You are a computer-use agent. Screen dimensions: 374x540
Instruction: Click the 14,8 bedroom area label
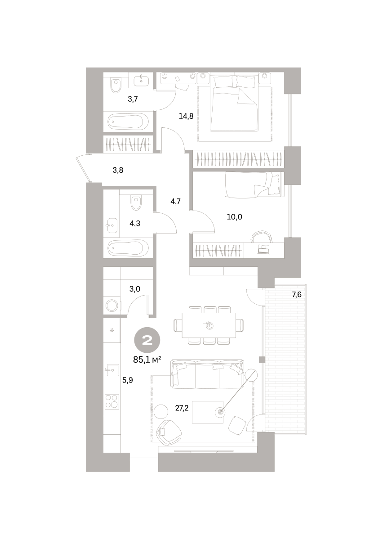click(x=186, y=117)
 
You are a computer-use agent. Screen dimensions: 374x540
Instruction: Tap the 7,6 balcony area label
click(x=297, y=295)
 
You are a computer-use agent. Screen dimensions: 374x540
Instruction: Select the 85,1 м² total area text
click(x=147, y=360)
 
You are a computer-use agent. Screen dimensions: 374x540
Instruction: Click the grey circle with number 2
click(x=147, y=340)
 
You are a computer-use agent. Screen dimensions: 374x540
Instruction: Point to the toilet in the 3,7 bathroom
click(x=116, y=85)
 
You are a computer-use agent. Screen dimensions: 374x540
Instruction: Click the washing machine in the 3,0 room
click(x=112, y=306)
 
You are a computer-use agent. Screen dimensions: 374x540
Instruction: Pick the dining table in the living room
click(x=209, y=325)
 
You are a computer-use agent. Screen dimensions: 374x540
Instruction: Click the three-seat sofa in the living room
click(x=207, y=374)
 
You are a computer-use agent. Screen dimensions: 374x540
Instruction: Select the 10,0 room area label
click(x=234, y=217)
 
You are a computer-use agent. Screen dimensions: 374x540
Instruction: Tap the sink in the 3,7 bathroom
click(x=141, y=80)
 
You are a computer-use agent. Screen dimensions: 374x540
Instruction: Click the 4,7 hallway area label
click(x=176, y=202)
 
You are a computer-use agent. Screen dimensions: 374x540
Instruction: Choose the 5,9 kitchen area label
click(x=127, y=380)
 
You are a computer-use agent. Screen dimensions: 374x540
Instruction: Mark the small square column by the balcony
click(x=262, y=360)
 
